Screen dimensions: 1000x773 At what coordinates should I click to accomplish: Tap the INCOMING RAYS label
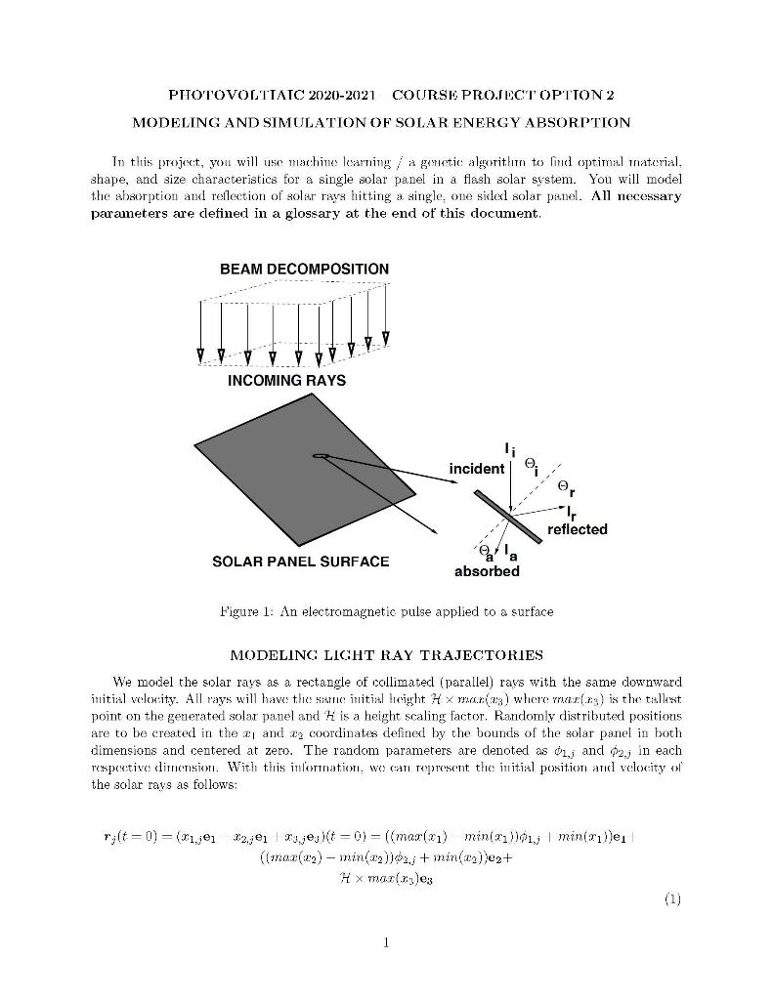coord(286,380)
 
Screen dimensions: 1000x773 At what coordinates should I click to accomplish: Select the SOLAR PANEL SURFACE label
coord(300,562)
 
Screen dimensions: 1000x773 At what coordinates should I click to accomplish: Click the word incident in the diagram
coord(476,470)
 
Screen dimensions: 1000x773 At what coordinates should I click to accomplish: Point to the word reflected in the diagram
coord(577,529)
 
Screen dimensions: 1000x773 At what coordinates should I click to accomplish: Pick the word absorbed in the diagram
coord(487,571)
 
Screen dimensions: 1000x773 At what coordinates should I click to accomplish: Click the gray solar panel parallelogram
coord(313,469)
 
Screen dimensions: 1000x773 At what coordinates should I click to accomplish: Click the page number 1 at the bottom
coord(387,942)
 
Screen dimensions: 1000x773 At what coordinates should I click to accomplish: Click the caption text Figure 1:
coord(246,612)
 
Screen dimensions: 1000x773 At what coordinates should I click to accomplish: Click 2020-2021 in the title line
coord(338,95)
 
